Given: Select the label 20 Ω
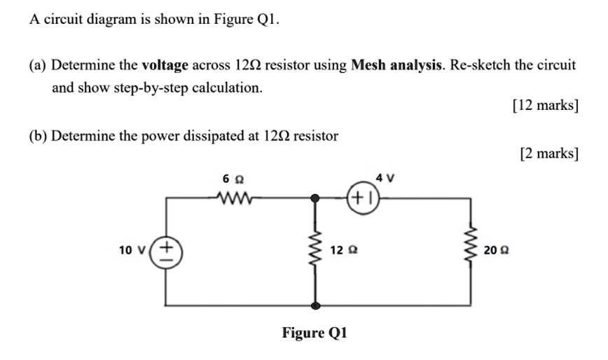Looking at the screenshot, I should click(494, 250).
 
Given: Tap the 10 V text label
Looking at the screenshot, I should click(133, 251).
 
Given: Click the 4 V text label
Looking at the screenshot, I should click(385, 178).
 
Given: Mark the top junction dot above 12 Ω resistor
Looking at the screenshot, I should click(316, 198).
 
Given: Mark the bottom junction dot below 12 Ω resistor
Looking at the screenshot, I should click(316, 305).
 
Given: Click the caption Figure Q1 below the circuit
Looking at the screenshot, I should click(315, 332).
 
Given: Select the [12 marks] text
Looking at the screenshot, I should click(545, 106).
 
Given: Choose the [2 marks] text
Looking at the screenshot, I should click(548, 153).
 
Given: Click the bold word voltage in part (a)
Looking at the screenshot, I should click(165, 66).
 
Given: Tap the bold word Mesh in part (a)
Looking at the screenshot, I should click(371, 66).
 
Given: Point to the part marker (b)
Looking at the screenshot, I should click(38, 135).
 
